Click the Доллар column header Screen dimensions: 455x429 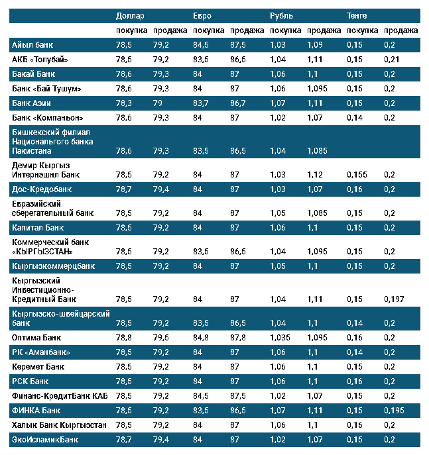pos(129,15)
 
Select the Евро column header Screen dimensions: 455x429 pos(202,15)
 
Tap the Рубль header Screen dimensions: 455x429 pos(281,15)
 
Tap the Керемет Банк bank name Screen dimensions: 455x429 pos(38,366)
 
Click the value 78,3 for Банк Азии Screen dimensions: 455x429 pos(123,103)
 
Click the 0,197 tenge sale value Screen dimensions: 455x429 pos(393,299)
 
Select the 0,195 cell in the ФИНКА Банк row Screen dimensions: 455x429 pos(393,410)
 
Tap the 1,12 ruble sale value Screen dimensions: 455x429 pos(315,174)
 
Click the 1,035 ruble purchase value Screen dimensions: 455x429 pos(281,337)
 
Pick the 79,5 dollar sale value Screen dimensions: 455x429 pos(160,337)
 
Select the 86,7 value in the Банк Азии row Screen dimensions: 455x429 pos(238,103)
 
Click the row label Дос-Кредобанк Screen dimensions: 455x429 pos(42,189)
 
